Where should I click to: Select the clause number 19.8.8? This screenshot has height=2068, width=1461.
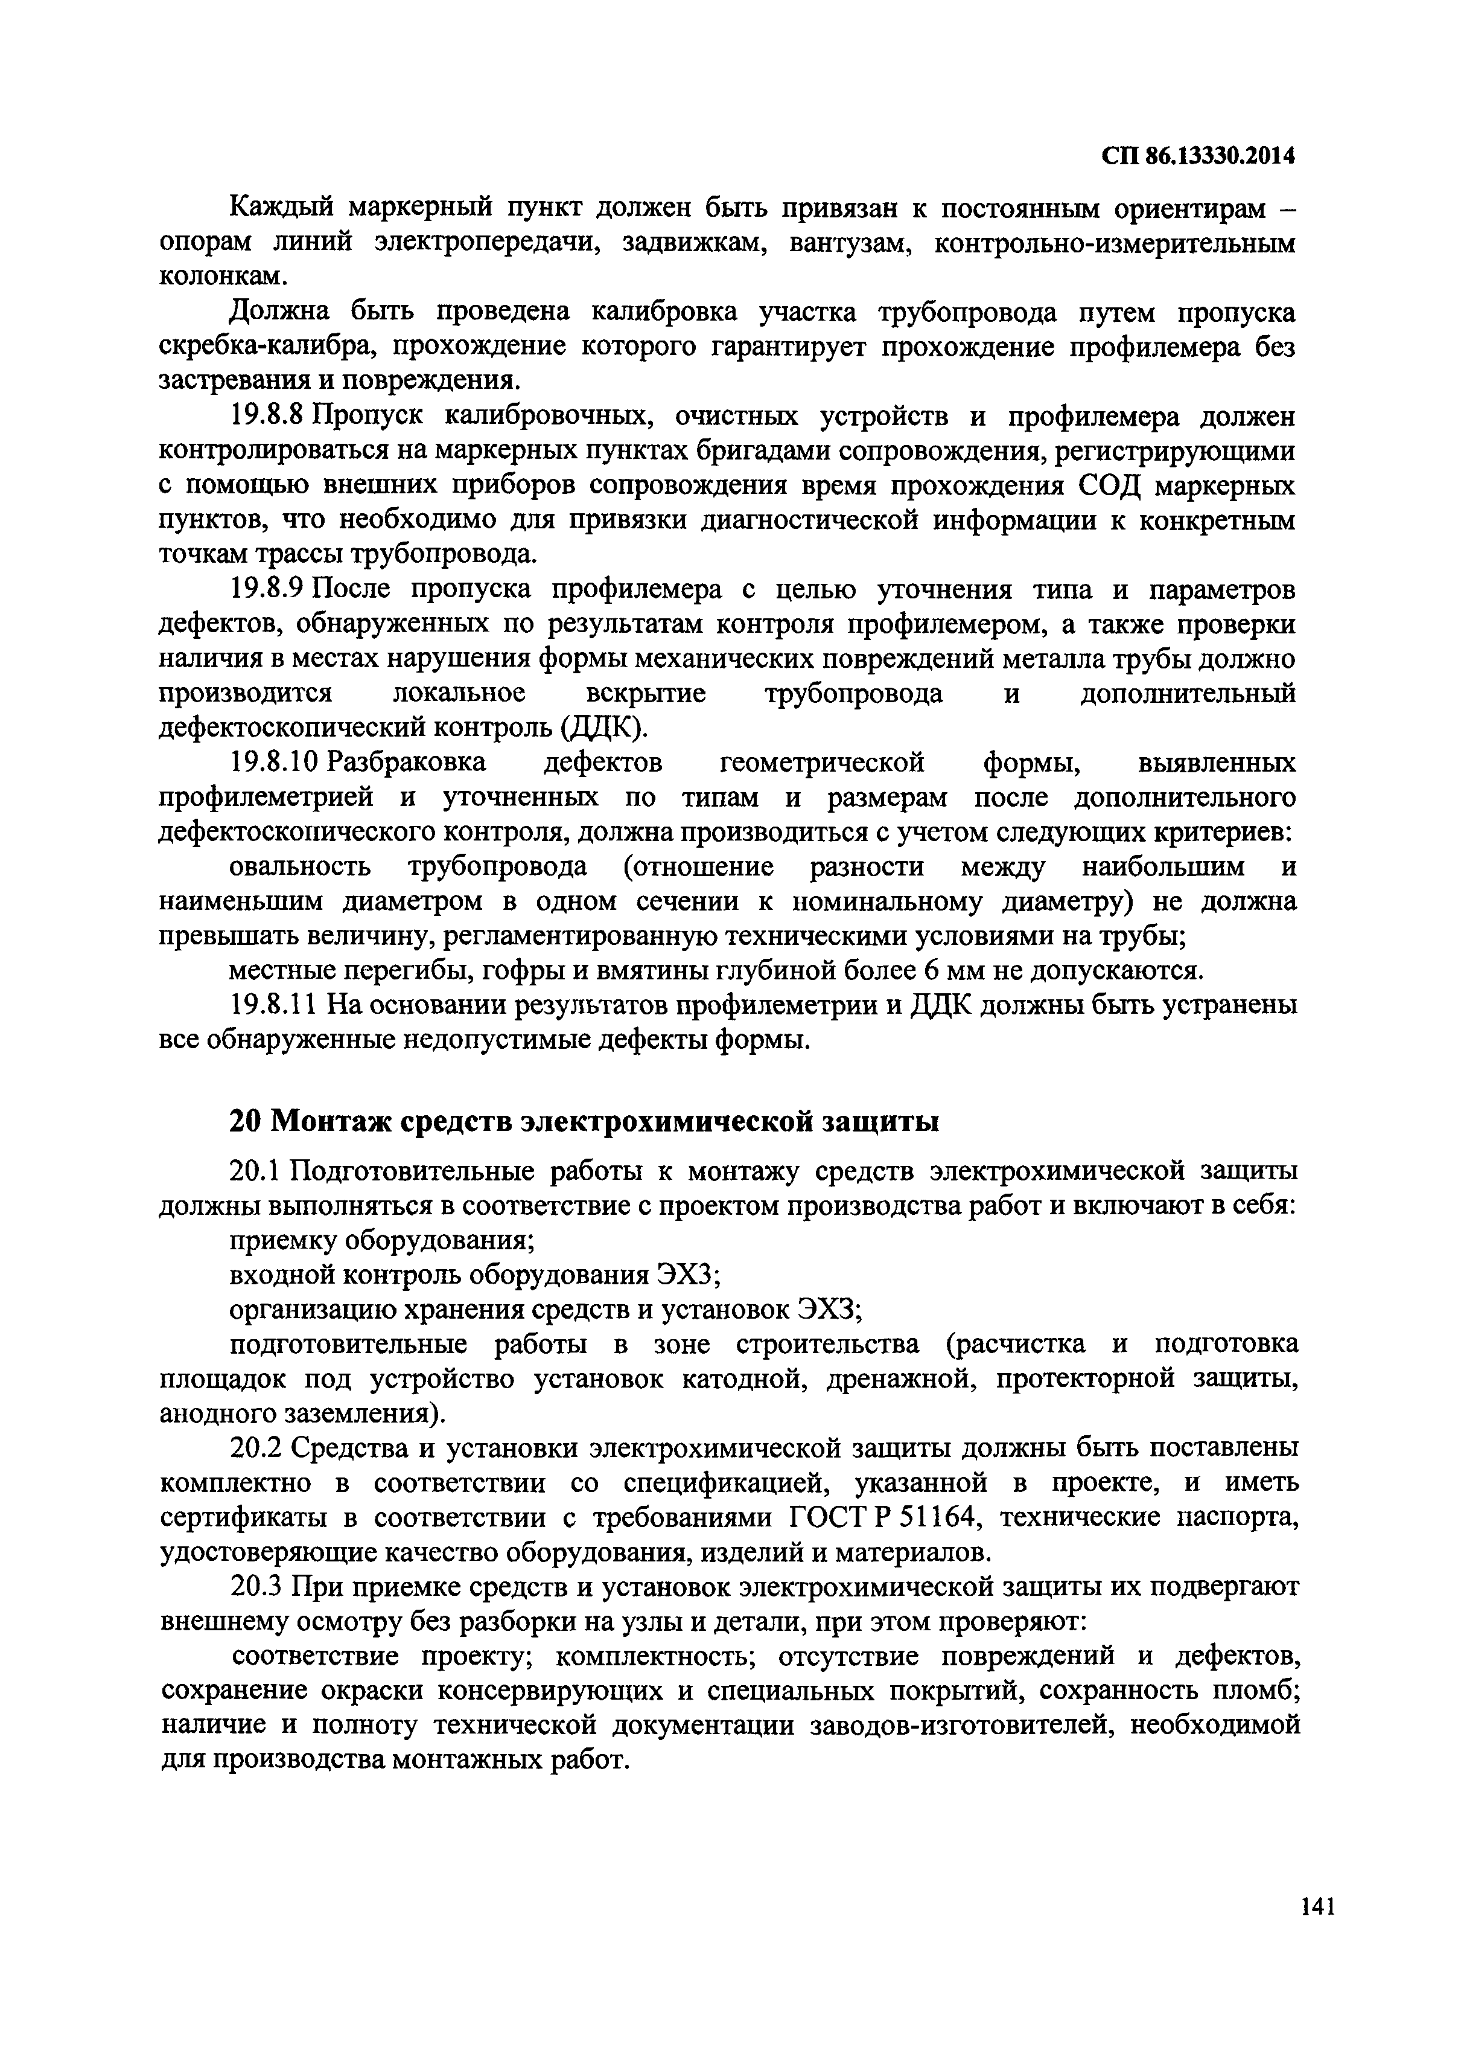(x=270, y=417)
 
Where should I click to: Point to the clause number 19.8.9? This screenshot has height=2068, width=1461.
(x=270, y=589)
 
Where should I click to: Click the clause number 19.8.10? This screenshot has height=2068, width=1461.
(x=275, y=762)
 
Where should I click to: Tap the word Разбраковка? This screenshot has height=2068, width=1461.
(x=407, y=762)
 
